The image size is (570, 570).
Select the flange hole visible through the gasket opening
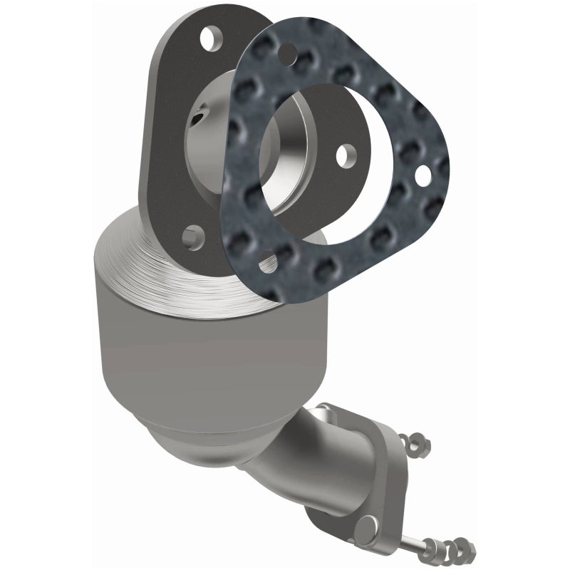pos(346,153)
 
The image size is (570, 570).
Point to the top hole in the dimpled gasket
pos(287,51)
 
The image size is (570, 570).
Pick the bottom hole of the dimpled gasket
pos(268,262)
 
